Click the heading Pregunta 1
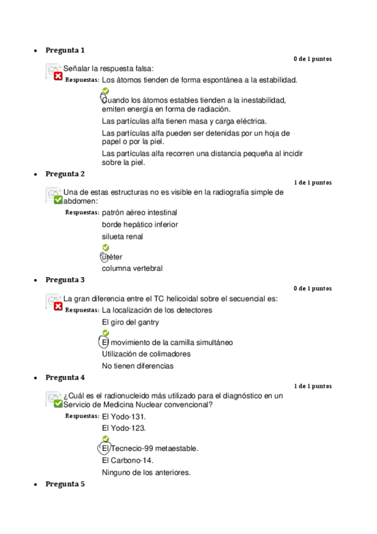(65, 50)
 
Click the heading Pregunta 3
(65, 280)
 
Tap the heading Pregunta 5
(65, 484)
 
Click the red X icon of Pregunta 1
(58, 76)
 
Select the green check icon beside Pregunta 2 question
(58, 200)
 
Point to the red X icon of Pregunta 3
(58, 307)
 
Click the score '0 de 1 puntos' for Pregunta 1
(312, 59)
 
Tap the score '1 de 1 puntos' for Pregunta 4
(312, 386)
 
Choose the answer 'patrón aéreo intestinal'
(139, 213)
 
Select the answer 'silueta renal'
(122, 237)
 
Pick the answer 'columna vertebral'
(132, 268)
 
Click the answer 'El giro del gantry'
(130, 322)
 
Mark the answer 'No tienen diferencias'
(137, 366)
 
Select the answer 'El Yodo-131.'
(124, 417)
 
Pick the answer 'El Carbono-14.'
(127, 460)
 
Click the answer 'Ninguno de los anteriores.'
(146, 472)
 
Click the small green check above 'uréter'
(106, 247)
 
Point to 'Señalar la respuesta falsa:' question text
(108, 69)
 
